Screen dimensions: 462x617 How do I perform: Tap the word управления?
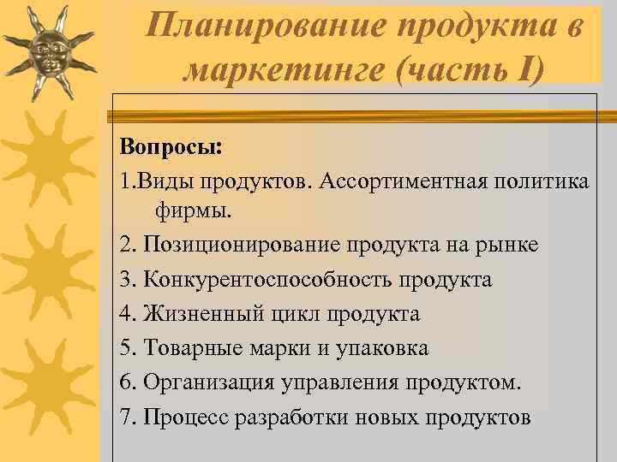point(339,382)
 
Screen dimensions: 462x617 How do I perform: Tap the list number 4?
point(128,314)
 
